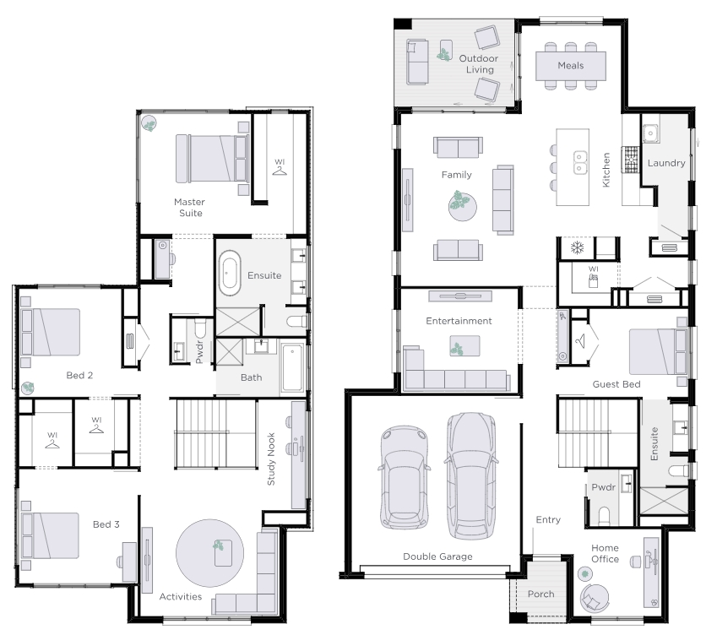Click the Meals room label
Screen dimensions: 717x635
571,65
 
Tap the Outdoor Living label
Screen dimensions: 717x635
479,64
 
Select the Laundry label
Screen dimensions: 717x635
666,163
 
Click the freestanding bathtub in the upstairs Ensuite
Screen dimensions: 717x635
230,274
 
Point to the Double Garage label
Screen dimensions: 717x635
437,556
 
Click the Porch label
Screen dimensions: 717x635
541,594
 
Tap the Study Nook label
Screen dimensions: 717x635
271,459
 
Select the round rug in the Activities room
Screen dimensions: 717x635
209,553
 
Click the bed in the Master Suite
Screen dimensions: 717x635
213,159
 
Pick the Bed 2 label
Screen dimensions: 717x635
79,375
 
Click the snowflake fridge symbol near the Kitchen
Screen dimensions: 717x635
578,248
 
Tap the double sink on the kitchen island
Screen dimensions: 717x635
581,163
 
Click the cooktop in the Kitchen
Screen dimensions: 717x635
631,160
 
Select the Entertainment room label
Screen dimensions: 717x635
459,321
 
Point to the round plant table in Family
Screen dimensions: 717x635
462,207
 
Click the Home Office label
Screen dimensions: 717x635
605,553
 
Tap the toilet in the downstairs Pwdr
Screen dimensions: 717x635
604,516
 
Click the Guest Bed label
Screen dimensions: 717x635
617,384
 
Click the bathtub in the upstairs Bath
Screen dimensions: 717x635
293,368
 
